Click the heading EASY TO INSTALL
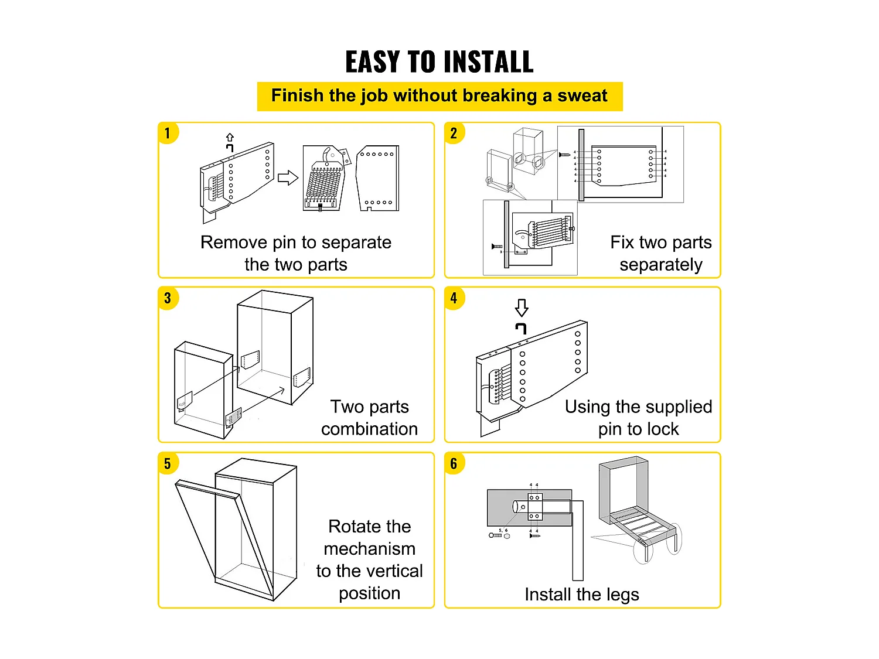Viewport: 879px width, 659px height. click(x=439, y=62)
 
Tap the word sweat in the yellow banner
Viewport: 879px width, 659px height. click(x=582, y=96)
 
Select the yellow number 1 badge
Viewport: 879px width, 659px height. click(x=168, y=133)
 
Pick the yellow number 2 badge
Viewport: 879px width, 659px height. click(x=454, y=133)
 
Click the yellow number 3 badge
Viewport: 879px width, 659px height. click(x=168, y=298)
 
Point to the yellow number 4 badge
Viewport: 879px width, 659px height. click(x=454, y=298)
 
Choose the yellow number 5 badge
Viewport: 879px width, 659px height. click(x=168, y=463)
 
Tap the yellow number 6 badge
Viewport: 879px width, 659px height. click(x=454, y=463)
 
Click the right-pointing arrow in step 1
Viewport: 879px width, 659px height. click(x=288, y=177)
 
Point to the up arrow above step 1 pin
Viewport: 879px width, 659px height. click(x=230, y=138)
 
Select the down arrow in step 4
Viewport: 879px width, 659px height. click(x=522, y=308)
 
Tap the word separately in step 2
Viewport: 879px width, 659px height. click(x=660, y=265)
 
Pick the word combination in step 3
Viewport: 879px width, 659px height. click(x=369, y=429)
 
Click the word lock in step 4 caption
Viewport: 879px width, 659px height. click(x=663, y=429)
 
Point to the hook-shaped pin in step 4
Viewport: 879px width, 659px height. click(x=521, y=328)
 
